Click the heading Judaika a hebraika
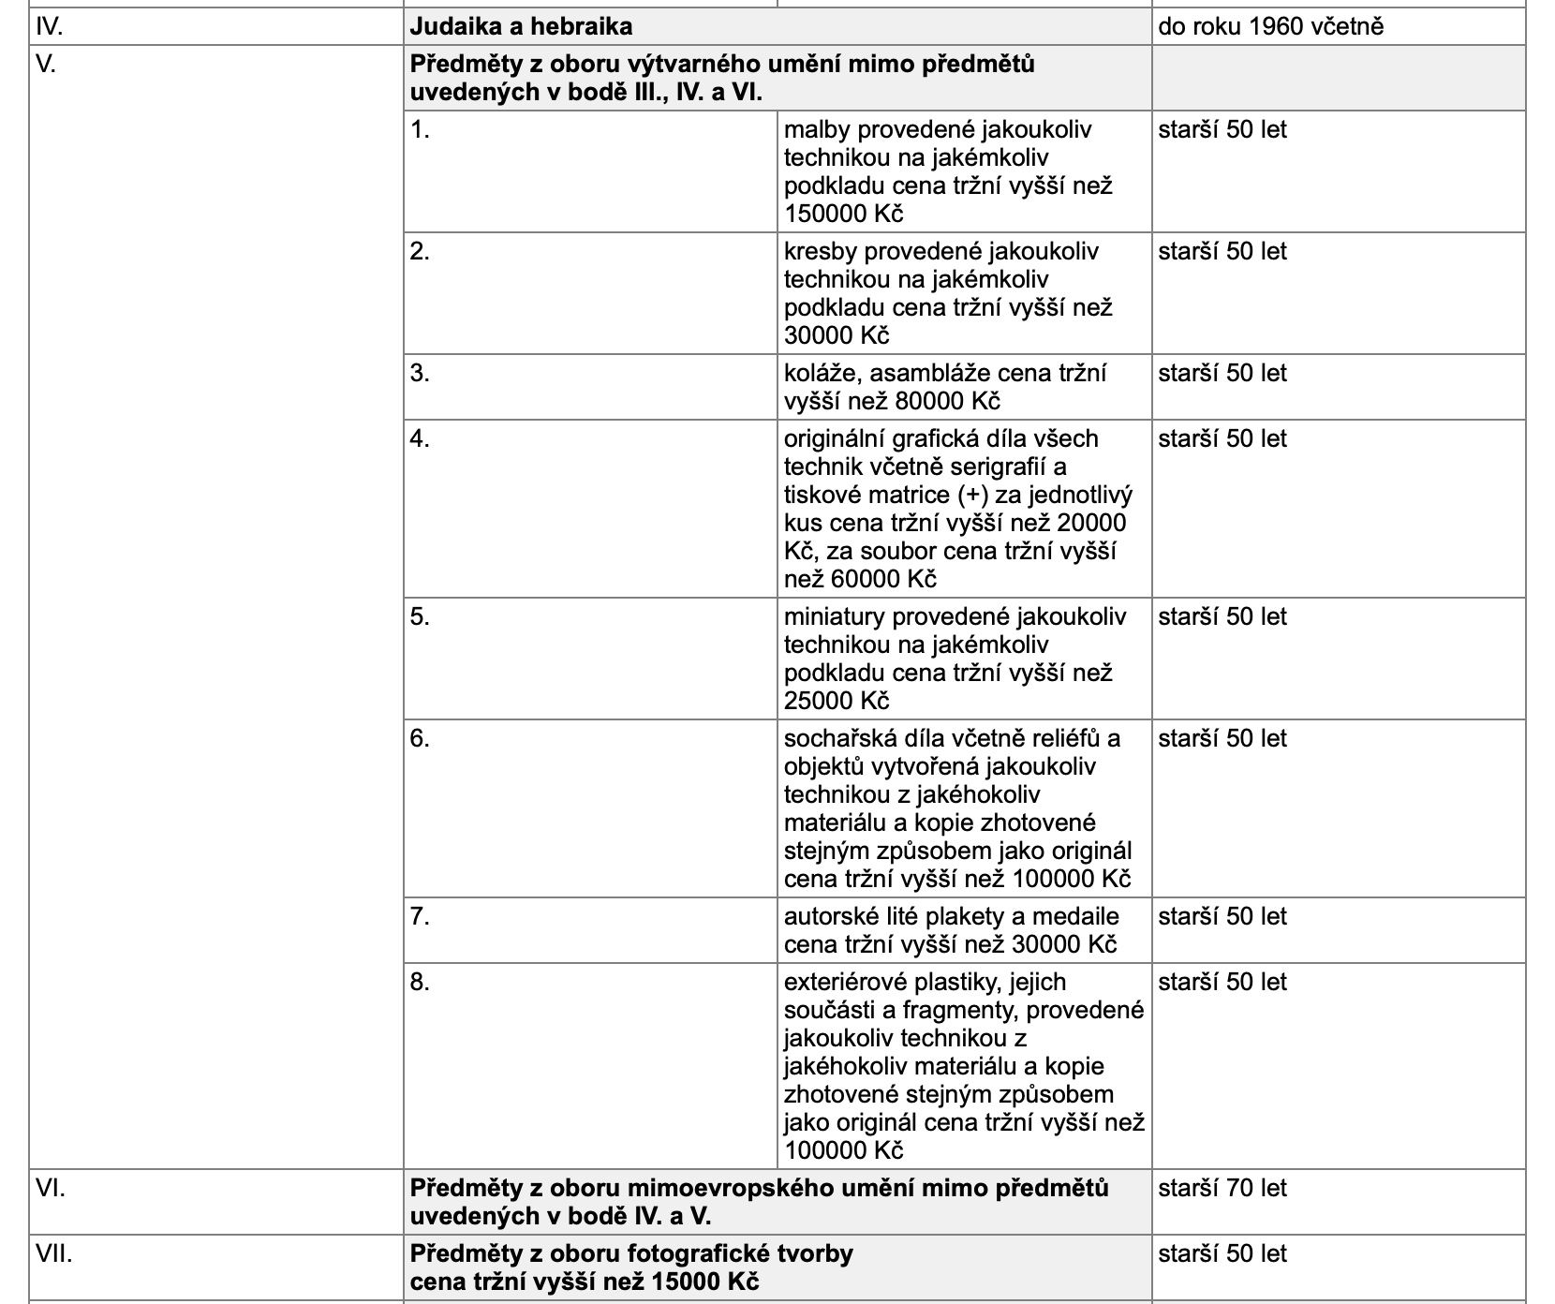pos(521,26)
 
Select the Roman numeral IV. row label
pos(49,26)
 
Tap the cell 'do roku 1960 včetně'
pos(1270,26)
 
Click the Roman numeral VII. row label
pos(53,1253)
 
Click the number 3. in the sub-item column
pos(420,373)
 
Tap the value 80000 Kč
pos(947,401)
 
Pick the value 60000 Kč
pos(883,579)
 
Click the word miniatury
pos(835,616)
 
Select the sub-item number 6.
pos(420,738)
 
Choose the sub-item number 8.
pos(420,982)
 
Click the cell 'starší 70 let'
pos(1222,1188)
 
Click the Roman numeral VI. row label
pos(50,1188)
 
